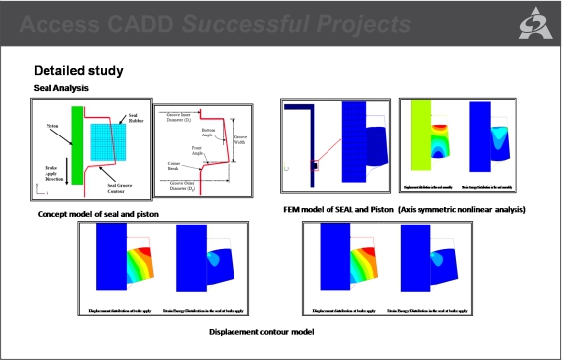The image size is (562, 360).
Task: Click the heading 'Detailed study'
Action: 78,71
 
